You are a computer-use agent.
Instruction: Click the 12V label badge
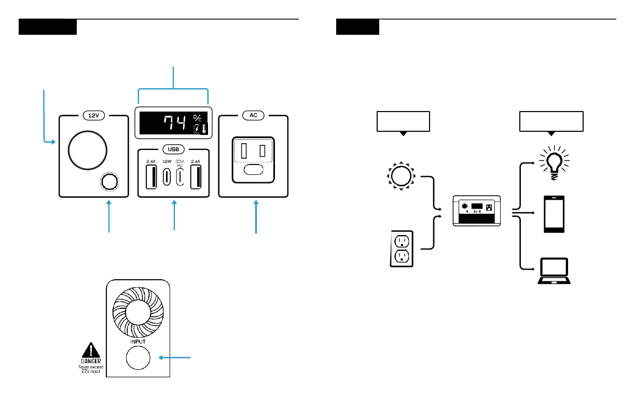pyautogui.click(x=93, y=116)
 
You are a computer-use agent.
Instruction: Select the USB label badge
pyautogui.click(x=173, y=149)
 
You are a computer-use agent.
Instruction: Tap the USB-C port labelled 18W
pyautogui.click(x=167, y=176)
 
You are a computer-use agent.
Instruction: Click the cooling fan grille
pyautogui.click(x=139, y=312)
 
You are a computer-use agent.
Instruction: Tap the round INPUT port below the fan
pyautogui.click(x=137, y=358)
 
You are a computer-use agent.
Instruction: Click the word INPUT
pyautogui.click(x=138, y=342)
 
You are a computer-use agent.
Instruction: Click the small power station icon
pyautogui.click(x=477, y=210)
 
